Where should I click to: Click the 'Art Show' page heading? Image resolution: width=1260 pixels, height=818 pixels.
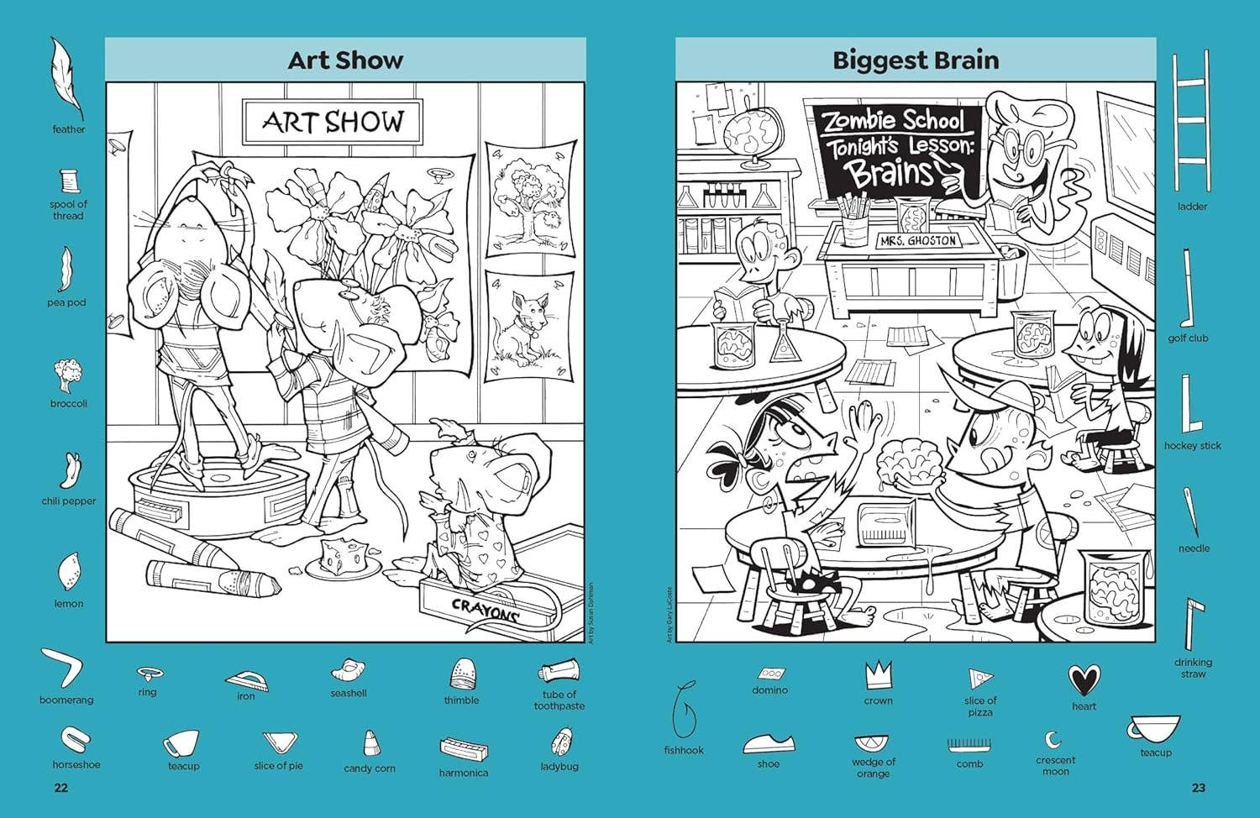click(345, 60)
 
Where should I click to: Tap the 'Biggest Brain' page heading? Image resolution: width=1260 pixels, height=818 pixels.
click(916, 60)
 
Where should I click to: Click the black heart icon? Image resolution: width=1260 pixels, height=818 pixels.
click(1084, 679)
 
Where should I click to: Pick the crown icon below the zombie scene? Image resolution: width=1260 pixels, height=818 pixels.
click(878, 674)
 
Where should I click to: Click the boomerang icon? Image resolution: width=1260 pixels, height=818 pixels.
click(66, 669)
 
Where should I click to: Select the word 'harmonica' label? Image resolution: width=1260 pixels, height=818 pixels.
click(463, 773)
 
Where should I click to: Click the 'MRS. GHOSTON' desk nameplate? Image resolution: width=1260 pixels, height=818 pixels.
click(906, 240)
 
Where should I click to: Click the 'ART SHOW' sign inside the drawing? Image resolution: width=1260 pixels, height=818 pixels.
click(333, 122)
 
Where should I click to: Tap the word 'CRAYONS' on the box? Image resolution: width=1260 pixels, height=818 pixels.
click(485, 609)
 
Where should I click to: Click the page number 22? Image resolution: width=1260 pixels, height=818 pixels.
click(60, 787)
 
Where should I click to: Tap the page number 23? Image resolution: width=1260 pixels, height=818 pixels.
click(1198, 787)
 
